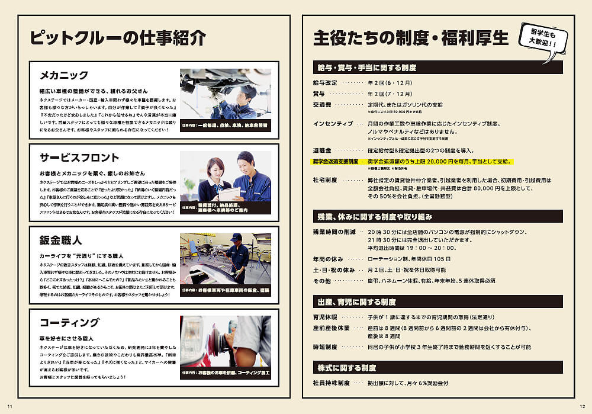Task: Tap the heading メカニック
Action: pyautogui.click(x=63, y=75)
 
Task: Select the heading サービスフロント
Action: pyautogui.click(x=79, y=158)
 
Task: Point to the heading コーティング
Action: pyautogui.click(x=69, y=322)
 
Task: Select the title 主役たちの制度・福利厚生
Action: pyautogui.click(x=411, y=38)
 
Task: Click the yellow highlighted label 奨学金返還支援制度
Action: pyautogui.click(x=336, y=161)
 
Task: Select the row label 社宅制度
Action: pyautogui.click(x=326, y=180)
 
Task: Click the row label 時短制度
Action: pyautogui.click(x=325, y=347)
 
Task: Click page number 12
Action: pyautogui.click(x=582, y=405)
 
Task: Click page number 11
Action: pyautogui.click(x=9, y=405)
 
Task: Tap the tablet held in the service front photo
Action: pyautogui.click(x=230, y=192)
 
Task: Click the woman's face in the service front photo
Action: pyautogui.click(x=217, y=167)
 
